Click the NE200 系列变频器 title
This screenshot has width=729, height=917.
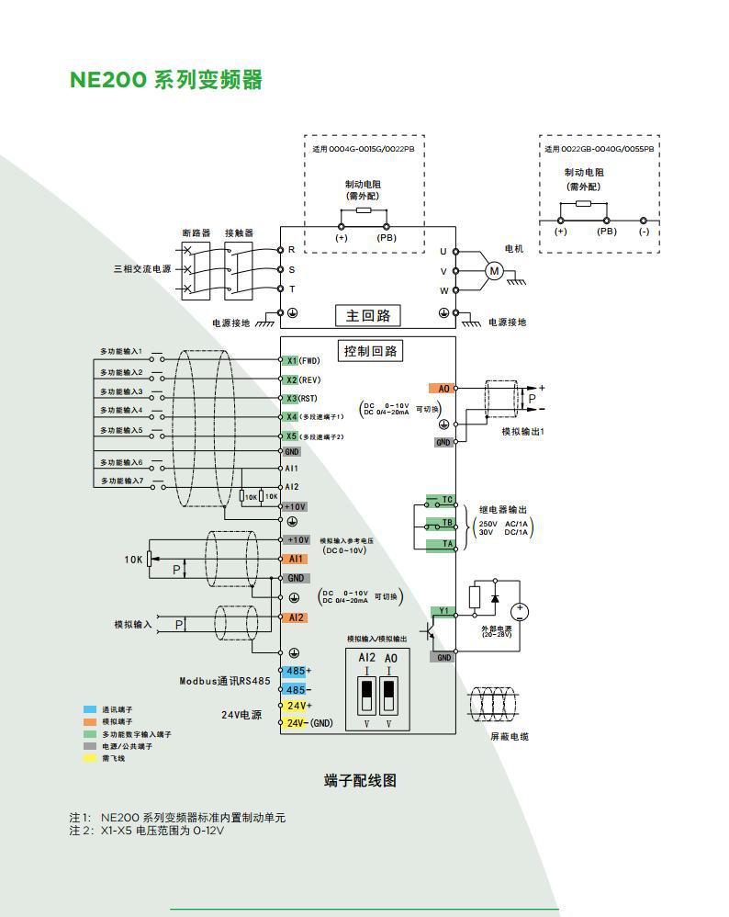166,80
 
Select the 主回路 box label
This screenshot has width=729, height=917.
368,315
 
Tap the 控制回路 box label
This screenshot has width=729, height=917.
368,351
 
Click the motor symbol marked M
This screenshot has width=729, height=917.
494,270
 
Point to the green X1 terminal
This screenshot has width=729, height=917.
291,361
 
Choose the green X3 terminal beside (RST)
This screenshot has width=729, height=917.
291,399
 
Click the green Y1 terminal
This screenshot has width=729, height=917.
443,611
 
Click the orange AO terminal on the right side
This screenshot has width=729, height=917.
442,389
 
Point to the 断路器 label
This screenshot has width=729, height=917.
196,233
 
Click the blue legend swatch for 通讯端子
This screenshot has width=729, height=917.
89,710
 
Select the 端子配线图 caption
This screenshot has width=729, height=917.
360,781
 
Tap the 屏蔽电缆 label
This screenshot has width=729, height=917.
510,737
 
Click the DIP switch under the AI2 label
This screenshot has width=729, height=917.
365,696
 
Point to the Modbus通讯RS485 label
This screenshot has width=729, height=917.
225,682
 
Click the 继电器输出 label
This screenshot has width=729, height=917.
503,510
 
